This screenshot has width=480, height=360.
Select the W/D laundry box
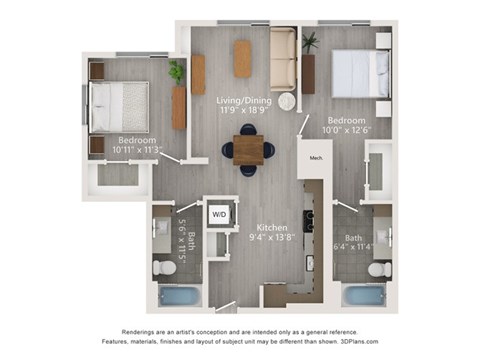click(x=219, y=213)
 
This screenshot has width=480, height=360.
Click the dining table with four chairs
click(x=248, y=149)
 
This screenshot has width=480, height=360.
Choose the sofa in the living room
click(x=284, y=60)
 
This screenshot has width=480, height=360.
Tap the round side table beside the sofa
click(x=289, y=101)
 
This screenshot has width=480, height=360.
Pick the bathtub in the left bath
click(x=179, y=297)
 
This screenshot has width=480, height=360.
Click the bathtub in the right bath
click(x=363, y=297)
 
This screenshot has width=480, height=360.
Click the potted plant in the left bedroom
click(x=177, y=72)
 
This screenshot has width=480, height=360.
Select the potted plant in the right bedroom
click(x=309, y=42)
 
